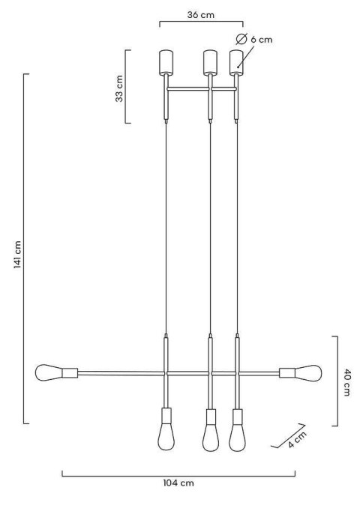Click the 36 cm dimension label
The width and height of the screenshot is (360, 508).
pos(201,15)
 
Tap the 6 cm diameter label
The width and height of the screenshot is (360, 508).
pos(262,40)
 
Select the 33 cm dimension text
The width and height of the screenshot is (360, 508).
pos(119,88)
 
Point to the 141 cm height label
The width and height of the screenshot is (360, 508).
pos(17,255)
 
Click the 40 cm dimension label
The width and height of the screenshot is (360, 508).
pos(346,382)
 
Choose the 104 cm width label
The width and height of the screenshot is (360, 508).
pos(178,483)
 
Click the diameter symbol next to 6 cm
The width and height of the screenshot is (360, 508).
pos(241,39)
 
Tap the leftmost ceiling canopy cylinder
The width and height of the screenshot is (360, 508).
pos(166,62)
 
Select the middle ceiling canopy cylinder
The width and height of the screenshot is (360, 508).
pos(210,62)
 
